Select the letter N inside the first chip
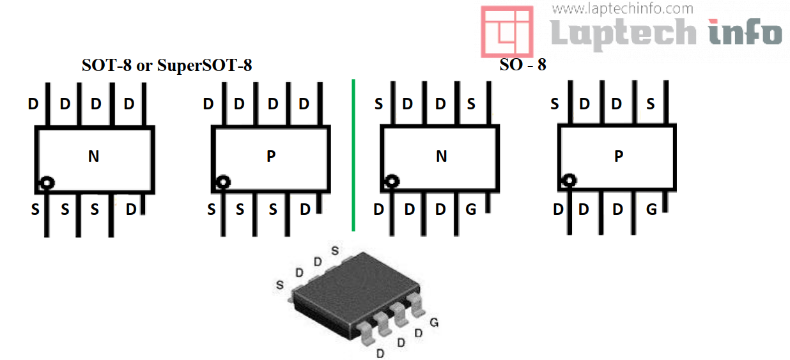click(93, 156)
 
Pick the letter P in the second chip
click(271, 156)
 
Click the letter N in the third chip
click(441, 156)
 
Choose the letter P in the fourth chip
click(618, 156)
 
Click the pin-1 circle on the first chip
click(46, 183)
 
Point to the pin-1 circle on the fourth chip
click(568, 182)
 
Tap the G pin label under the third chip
click(471, 209)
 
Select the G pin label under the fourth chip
click(651, 209)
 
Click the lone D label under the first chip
click(130, 209)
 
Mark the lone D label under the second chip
click(306, 209)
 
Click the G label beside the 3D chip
click(434, 323)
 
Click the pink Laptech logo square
click(507, 31)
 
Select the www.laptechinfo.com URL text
click(623, 8)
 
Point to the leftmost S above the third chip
click(378, 104)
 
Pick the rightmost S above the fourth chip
click(650, 104)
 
